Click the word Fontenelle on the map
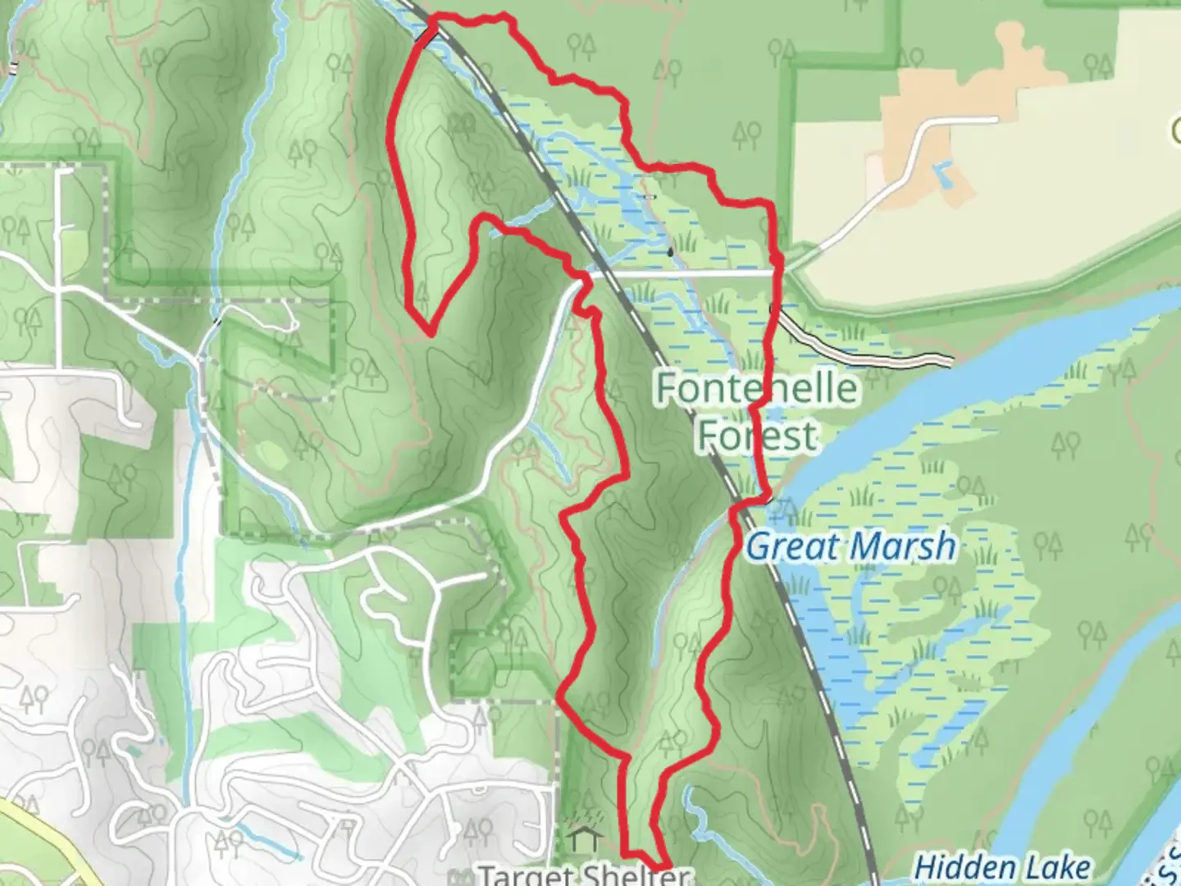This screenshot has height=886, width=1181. pyautogui.click(x=756, y=388)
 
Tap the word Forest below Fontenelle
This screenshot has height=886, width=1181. pyautogui.click(x=756, y=435)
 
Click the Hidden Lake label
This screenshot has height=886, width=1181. pyautogui.click(x=1001, y=866)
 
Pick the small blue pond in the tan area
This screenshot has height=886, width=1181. pyautogui.click(x=944, y=173)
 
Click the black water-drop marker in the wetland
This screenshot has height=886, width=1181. pyautogui.click(x=671, y=252)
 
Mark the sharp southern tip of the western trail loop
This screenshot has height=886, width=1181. pyautogui.click(x=429, y=332)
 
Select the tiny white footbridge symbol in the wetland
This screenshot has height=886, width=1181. pyautogui.click(x=650, y=197)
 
